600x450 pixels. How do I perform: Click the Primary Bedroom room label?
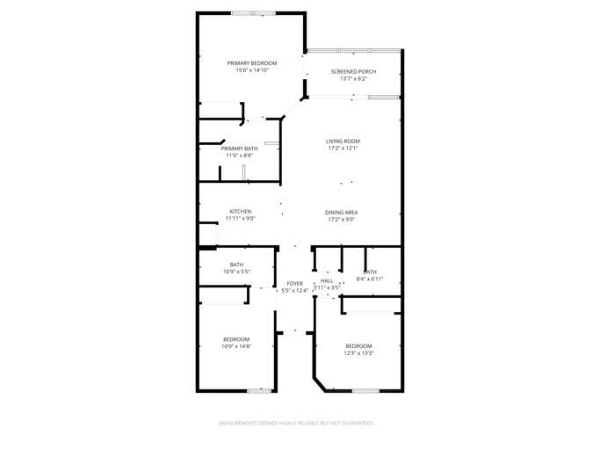click(x=252, y=63)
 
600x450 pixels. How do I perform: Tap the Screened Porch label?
click(x=353, y=71)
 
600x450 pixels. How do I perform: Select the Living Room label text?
click(x=343, y=142)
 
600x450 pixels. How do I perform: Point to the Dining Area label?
click(x=342, y=213)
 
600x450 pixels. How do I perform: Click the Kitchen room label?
click(x=241, y=211)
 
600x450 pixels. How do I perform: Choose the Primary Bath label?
click(x=239, y=149)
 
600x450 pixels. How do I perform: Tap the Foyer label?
click(x=294, y=283)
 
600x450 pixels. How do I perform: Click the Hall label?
click(x=327, y=280)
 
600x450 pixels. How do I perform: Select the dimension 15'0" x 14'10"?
click(x=252, y=70)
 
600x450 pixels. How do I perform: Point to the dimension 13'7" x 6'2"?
click(x=353, y=79)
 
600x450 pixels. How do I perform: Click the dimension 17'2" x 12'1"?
click(x=343, y=149)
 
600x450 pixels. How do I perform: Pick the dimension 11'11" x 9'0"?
click(x=241, y=218)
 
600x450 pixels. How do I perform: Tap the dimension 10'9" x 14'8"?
click(x=236, y=346)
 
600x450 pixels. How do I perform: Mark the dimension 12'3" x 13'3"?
click(x=358, y=352)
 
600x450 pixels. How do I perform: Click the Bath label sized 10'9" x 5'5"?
click(x=237, y=265)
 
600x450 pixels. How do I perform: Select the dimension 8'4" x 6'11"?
click(x=370, y=279)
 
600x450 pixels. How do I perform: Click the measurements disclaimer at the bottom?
click(x=300, y=423)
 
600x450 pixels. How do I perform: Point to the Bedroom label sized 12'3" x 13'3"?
click(x=358, y=345)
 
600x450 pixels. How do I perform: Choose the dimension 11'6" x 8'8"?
click(x=239, y=156)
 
